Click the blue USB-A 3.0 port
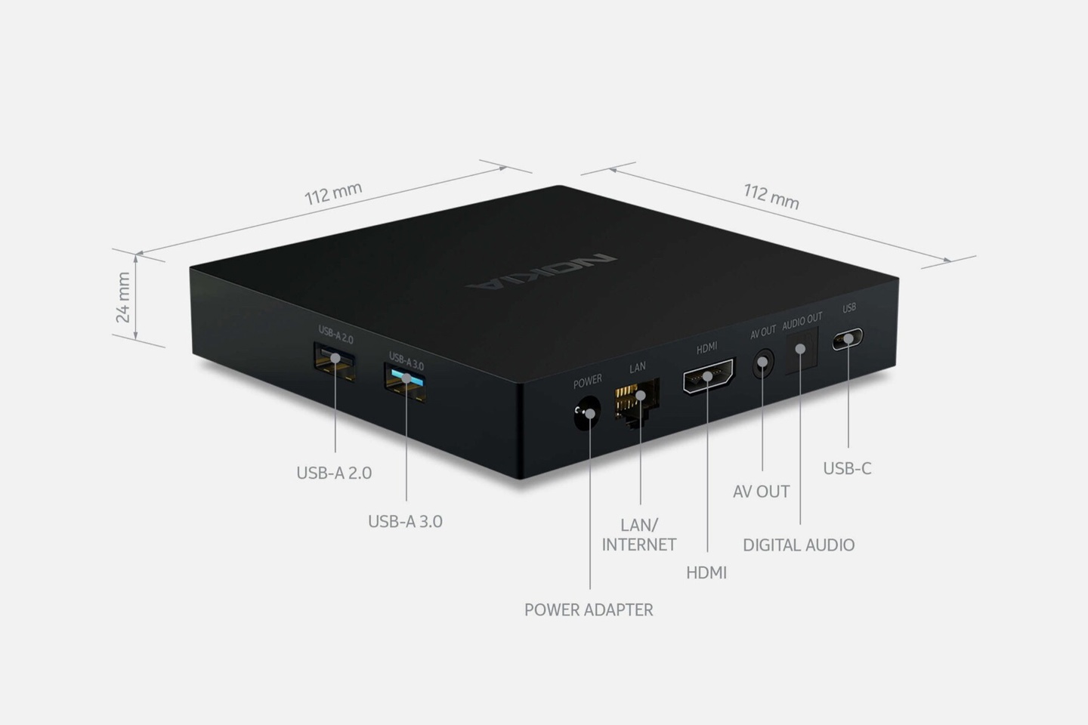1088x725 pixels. click(406, 383)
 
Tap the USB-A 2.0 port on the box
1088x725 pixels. click(335, 362)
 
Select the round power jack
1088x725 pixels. click(587, 413)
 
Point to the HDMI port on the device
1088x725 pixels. click(709, 376)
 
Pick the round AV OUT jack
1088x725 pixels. click(763, 362)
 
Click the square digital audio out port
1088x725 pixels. click(802, 350)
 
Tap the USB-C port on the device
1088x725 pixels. click(848, 338)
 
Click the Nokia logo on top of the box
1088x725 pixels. click(542, 272)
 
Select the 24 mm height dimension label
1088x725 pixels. click(123, 298)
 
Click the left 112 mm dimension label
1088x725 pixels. click(333, 194)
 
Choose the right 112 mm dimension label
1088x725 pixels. click(771, 196)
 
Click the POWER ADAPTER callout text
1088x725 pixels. click(589, 610)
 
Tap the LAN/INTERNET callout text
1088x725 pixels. click(638, 535)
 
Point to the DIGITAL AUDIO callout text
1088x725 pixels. click(799, 545)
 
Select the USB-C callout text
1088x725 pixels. click(847, 468)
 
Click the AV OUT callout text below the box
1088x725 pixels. click(761, 492)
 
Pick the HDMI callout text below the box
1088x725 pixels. click(706, 573)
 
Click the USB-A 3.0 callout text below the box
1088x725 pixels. click(405, 522)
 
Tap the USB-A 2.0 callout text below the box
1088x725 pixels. click(334, 473)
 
